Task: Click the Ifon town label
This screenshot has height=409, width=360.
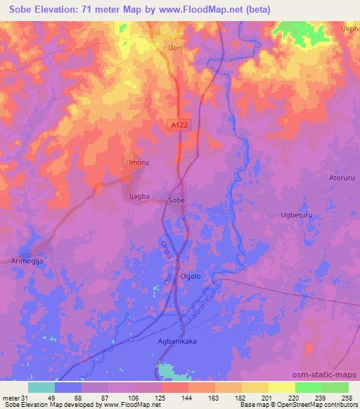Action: coord(175,49)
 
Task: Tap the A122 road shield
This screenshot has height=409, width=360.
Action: coord(180,124)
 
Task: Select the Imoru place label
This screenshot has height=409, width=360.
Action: coord(138,162)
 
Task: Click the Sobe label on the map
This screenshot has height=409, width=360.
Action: coord(176,201)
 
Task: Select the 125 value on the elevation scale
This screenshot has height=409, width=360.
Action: coord(161,397)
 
